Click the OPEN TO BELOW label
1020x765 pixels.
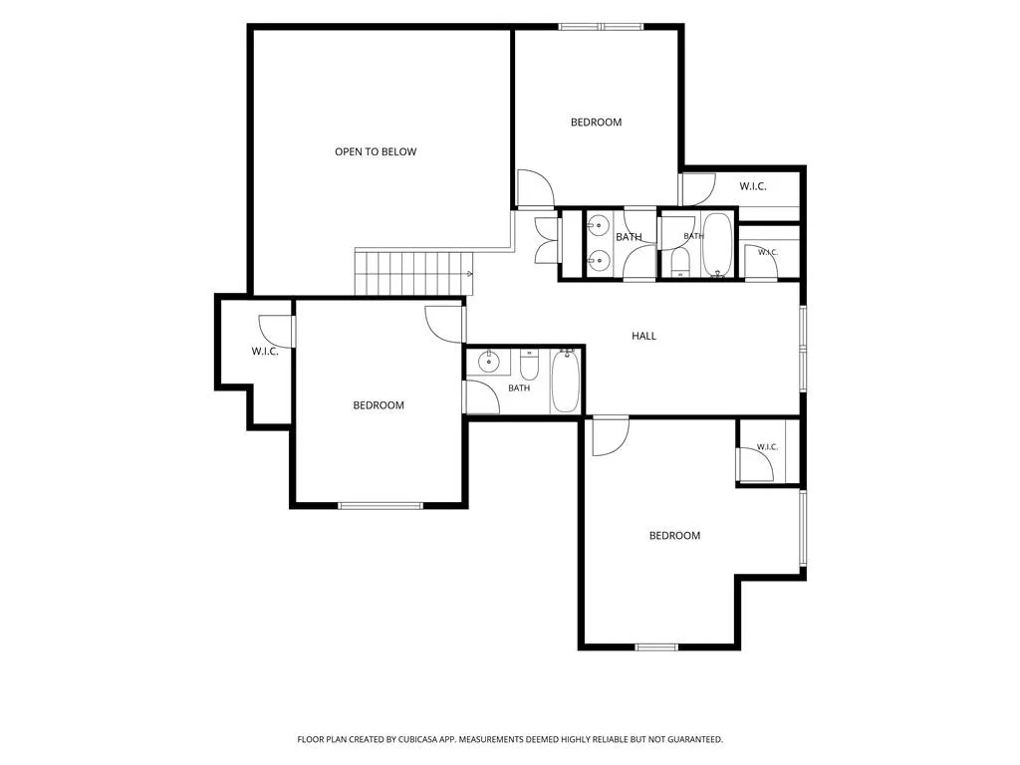(376, 151)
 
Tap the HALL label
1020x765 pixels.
(644, 336)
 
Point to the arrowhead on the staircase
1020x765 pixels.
(470, 274)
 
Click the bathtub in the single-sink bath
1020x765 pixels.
(565, 381)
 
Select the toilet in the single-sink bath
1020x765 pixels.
(529, 365)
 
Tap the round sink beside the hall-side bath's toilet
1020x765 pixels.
(488, 361)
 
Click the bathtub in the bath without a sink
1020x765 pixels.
(717, 245)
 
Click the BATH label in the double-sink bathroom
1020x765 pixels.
(629, 237)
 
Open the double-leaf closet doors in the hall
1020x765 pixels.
(547, 240)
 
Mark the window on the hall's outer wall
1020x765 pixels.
(803, 349)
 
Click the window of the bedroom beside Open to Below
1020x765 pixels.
(601, 27)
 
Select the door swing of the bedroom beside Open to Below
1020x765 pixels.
(535, 187)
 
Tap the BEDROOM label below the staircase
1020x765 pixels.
(379, 405)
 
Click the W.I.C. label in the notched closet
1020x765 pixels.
(265, 352)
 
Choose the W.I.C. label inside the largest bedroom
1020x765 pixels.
(767, 447)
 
